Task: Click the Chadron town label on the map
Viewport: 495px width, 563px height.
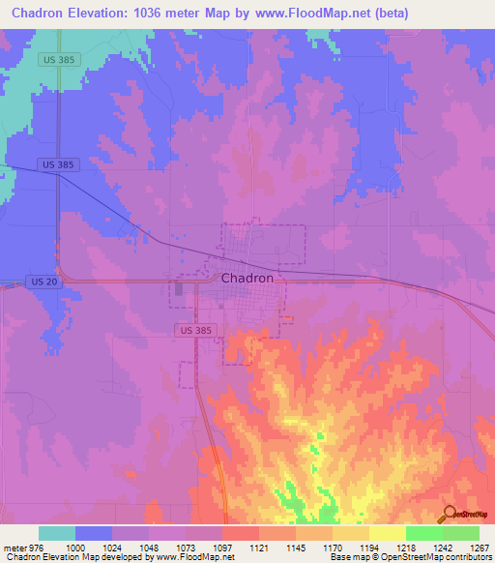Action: point(254,278)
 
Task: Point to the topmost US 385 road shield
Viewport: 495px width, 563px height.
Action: point(60,59)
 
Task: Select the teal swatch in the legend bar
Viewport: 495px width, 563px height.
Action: point(57,533)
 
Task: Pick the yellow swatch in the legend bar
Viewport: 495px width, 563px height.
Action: point(387,533)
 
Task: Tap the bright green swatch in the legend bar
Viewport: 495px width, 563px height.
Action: point(423,533)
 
